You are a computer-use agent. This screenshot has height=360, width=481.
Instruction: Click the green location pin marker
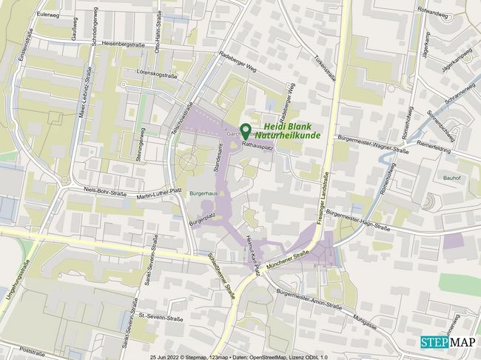(245, 130)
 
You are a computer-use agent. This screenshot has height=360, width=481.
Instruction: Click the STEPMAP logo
(449, 342)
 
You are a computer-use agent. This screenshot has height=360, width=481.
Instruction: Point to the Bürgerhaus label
(203, 193)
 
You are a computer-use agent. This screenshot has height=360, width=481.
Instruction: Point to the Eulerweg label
(47, 14)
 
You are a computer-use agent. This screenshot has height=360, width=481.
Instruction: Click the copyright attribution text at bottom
(238, 356)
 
